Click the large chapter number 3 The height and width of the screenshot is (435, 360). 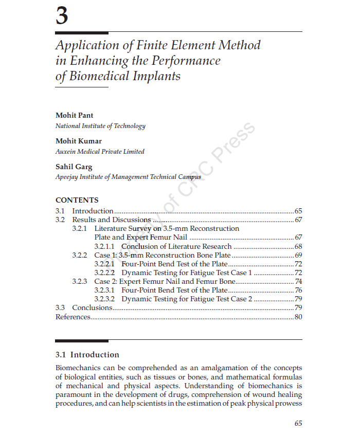(62, 16)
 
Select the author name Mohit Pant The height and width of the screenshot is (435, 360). (74, 115)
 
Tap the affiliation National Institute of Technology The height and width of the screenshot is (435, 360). (100, 126)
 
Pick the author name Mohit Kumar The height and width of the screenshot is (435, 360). (78, 141)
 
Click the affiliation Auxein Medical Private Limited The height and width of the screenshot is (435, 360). (100, 152)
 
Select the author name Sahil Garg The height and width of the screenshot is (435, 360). (74, 167)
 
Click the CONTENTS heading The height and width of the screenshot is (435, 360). (77, 200)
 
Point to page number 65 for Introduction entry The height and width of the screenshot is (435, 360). (298, 211)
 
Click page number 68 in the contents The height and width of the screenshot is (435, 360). (298, 246)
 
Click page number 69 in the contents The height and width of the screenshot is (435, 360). (298, 255)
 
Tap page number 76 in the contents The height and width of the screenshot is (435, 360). (298, 290)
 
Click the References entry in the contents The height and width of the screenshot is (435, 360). (73, 317)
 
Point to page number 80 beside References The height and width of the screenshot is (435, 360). (298, 317)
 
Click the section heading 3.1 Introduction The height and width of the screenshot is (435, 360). (87, 355)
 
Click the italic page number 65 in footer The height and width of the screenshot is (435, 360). (298, 423)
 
